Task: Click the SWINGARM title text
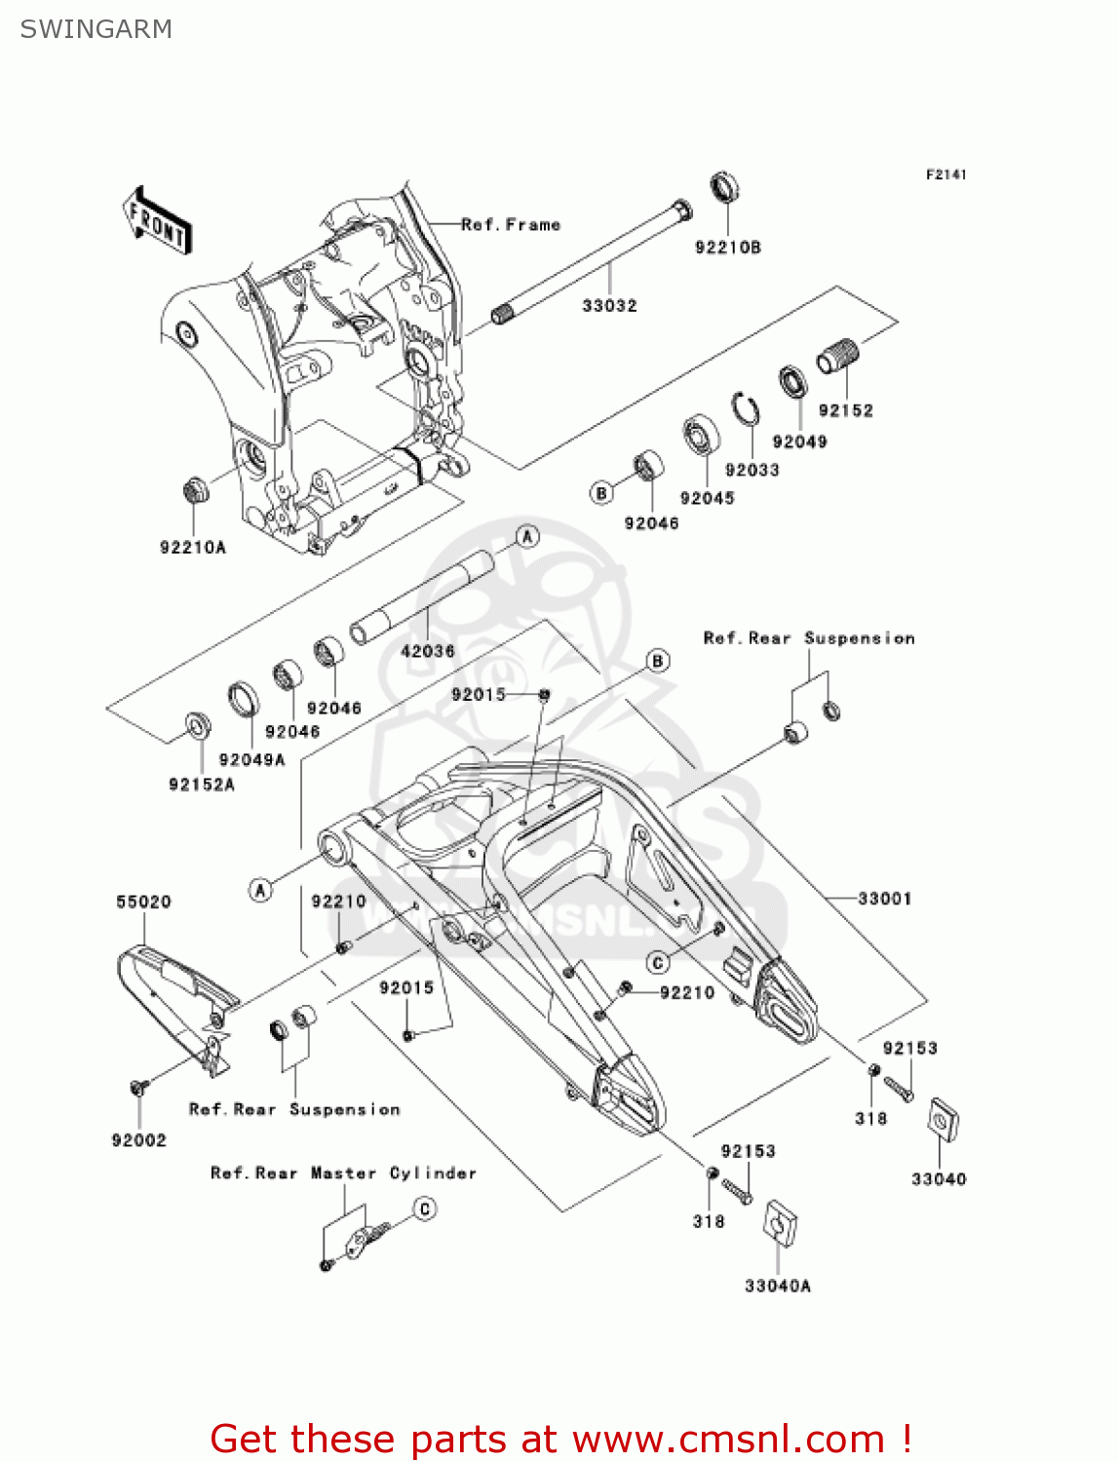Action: pyautogui.click(x=96, y=29)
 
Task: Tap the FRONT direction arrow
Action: pyautogui.click(x=157, y=221)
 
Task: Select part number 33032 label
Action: pyautogui.click(x=609, y=306)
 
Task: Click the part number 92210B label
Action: pyautogui.click(x=727, y=248)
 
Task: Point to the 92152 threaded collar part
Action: pyautogui.click(x=837, y=357)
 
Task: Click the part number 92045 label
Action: pyautogui.click(x=707, y=498)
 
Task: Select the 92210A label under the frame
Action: pyautogui.click(x=192, y=548)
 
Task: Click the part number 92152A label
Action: pyautogui.click(x=202, y=785)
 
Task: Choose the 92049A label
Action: pyautogui.click(x=251, y=760)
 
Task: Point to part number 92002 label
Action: pyautogui.click(x=138, y=1140)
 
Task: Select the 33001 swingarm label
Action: pyautogui.click(x=884, y=899)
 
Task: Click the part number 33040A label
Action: pyautogui.click(x=777, y=1286)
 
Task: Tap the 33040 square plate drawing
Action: pyautogui.click(x=942, y=1120)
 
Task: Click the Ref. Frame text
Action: pyautogui.click(x=511, y=225)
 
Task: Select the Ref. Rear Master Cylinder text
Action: pyautogui.click(x=343, y=1173)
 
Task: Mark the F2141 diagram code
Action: pyautogui.click(x=945, y=174)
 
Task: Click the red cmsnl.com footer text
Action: pyautogui.click(x=560, y=1439)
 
